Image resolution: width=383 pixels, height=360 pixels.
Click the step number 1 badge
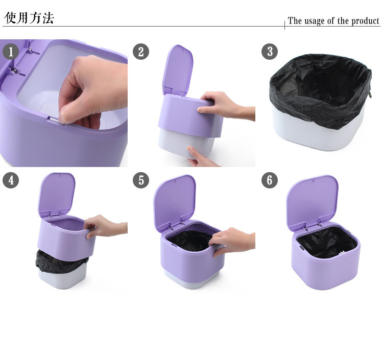point(11,52)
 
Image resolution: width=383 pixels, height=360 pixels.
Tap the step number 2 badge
point(141,52)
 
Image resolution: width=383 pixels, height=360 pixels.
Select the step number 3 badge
point(270,52)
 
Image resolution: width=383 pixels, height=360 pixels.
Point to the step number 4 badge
point(11,180)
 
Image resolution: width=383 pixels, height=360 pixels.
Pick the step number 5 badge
point(141,180)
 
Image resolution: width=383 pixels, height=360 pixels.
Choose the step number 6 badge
point(270,180)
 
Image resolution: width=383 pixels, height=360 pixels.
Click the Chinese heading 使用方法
point(29,17)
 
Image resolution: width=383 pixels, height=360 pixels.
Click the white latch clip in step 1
point(56,121)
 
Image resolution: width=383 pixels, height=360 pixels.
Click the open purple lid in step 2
point(177,70)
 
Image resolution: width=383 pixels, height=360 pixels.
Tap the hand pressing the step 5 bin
point(232,241)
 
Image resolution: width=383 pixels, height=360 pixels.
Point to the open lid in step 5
point(174,202)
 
